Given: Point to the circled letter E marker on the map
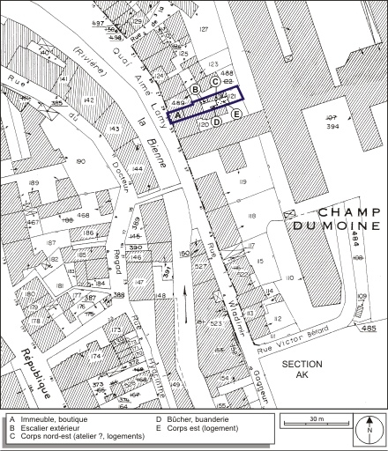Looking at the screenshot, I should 236,114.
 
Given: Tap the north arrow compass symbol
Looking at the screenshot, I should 369,430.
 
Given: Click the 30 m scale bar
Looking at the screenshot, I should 317,422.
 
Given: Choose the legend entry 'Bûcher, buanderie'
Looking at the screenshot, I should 190,419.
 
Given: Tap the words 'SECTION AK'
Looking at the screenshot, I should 302,370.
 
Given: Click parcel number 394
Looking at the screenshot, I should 332,126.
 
